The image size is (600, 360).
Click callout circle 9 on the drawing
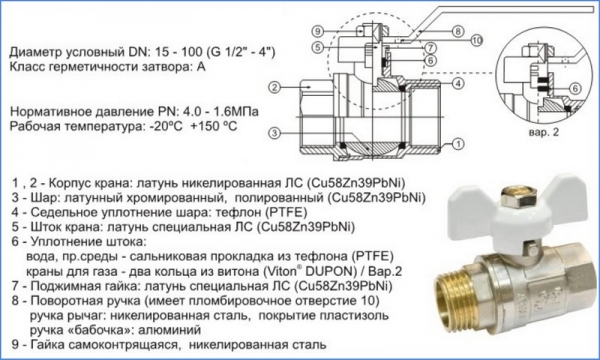pyautogui.click(x=318, y=31)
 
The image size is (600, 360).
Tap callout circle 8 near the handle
pyautogui.click(x=458, y=31)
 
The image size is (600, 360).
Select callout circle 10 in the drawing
pyautogui.click(x=476, y=40)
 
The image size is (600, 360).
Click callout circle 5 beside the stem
pyautogui.click(x=318, y=48)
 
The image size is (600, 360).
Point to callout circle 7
pyautogui.click(x=430, y=48)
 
